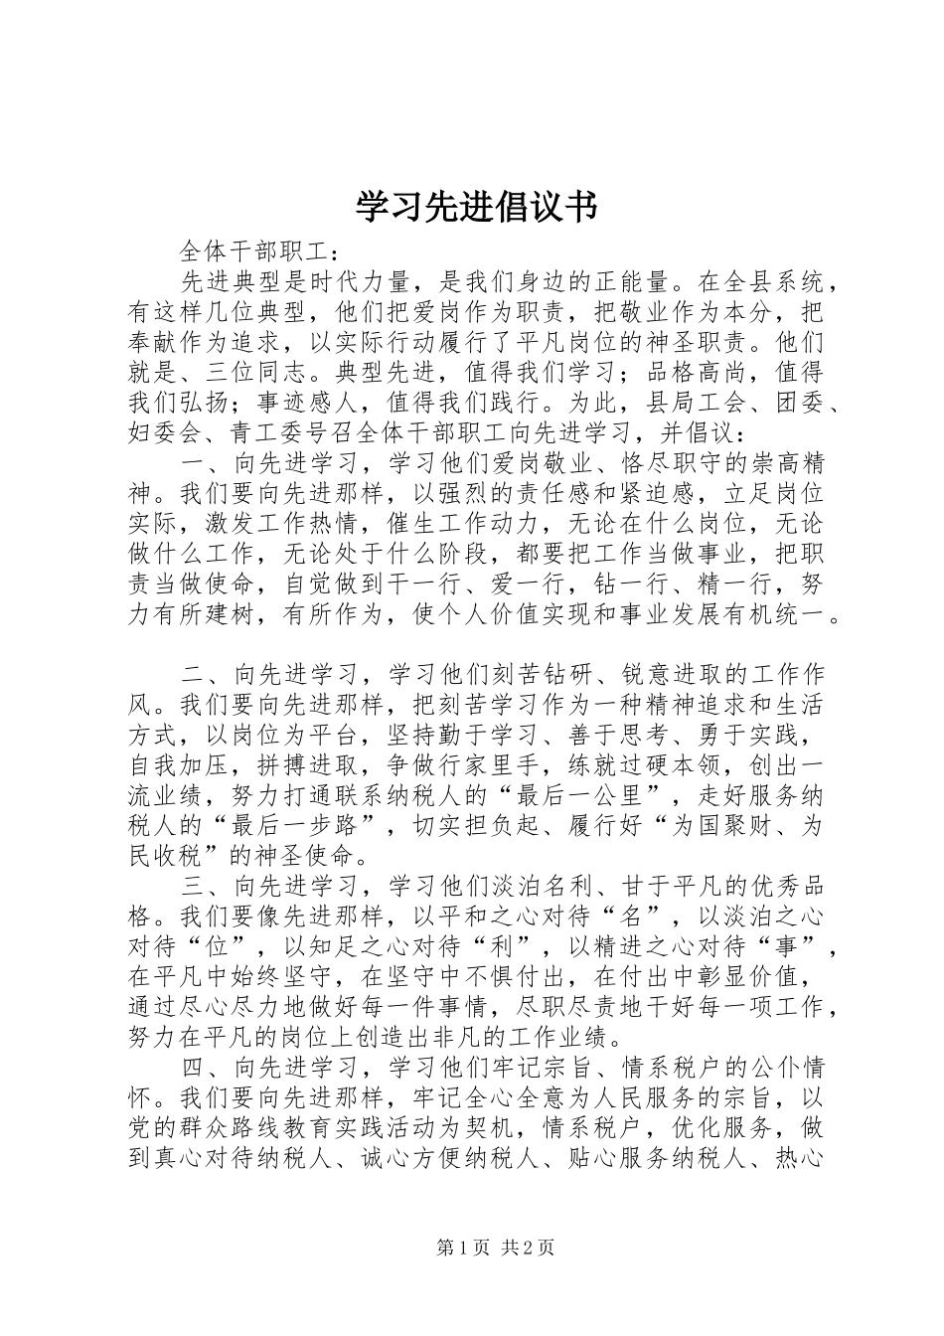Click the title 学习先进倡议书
pyautogui.click(x=476, y=208)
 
